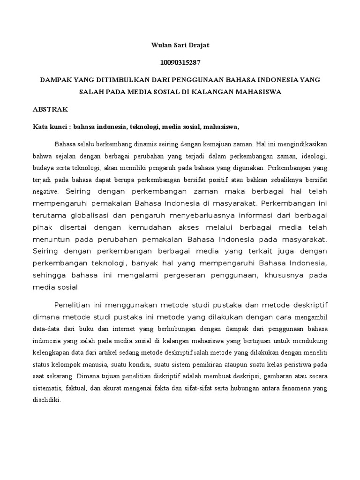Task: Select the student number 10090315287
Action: click(x=180, y=62)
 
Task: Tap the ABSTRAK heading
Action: click(x=51, y=109)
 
